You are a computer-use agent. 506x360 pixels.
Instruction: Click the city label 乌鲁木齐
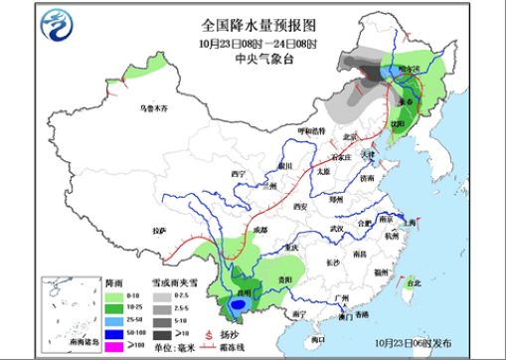click(x=155, y=105)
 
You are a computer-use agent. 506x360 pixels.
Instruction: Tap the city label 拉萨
click(x=159, y=231)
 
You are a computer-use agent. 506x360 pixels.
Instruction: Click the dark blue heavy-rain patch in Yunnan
click(x=237, y=306)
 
